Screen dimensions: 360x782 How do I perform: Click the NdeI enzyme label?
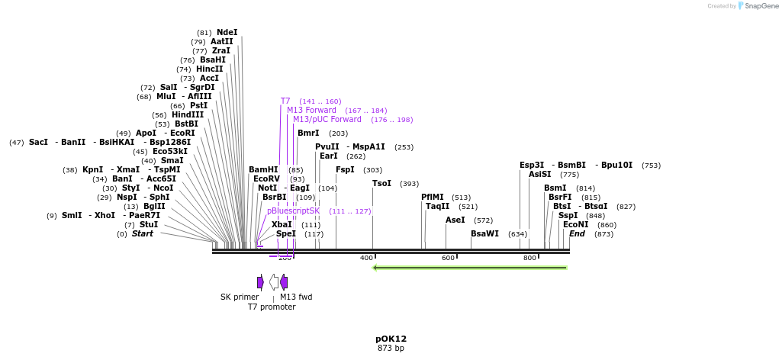coord(227,32)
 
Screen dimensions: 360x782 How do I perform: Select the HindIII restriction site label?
coord(188,114)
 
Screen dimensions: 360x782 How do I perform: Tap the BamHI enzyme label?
coord(263,169)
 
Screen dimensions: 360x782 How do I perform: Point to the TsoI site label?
coord(381,183)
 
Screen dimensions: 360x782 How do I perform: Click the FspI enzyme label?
coord(345,169)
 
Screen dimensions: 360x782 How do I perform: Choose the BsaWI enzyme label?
coord(484,233)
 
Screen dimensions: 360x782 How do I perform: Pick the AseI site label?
coord(455,220)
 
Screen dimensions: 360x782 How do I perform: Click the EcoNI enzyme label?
coord(576,224)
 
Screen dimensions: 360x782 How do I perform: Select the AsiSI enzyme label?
coord(539,174)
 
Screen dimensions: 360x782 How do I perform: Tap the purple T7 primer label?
coord(285,101)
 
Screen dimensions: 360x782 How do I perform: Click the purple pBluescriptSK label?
coord(294,211)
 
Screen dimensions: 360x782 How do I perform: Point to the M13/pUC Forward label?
coord(327,119)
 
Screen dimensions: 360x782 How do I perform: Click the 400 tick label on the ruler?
coord(366,258)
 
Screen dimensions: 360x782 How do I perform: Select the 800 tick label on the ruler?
coord(529,258)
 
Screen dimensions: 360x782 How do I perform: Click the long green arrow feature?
coord(470,267)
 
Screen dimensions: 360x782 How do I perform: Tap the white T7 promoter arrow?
coord(273,282)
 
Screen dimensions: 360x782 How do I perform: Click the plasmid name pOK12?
coord(391,339)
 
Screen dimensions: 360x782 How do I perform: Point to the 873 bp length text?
coord(391,349)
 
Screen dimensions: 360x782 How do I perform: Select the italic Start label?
coord(143,233)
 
